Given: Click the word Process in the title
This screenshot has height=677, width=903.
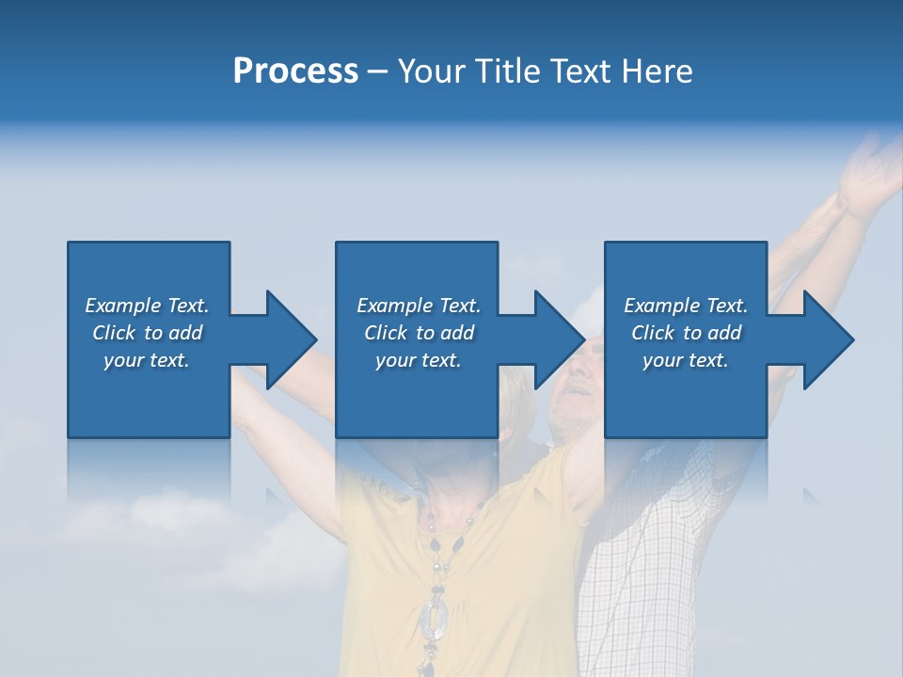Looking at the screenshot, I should pos(295,71).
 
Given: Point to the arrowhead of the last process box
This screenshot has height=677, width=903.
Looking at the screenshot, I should pos(827,339).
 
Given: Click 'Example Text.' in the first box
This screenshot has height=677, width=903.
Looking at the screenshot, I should pos(147,306).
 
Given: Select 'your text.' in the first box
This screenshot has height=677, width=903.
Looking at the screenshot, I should pos(147,360).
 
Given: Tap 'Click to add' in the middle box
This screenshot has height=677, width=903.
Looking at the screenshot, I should pos(419,333).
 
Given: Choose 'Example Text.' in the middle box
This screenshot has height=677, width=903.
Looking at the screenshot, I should pos(419,306).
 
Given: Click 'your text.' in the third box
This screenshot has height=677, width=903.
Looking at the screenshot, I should pos(686,360).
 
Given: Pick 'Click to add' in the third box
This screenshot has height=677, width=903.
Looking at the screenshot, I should pos(686,333).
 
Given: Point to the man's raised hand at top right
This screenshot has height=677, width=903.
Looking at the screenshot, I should pos(870,174).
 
